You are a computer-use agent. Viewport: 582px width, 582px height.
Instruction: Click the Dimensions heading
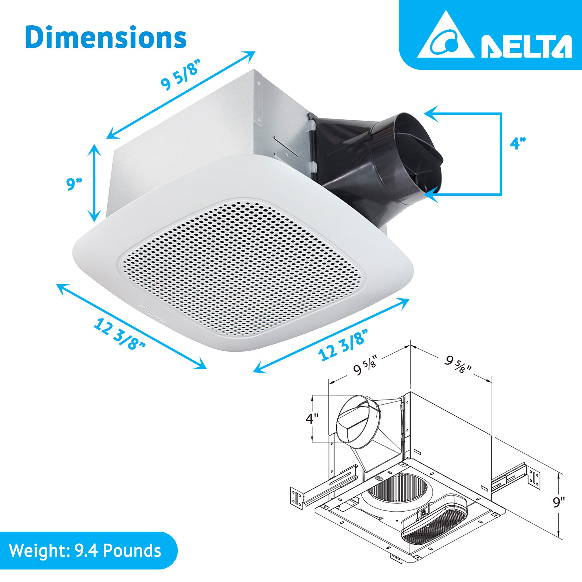(x=105, y=38)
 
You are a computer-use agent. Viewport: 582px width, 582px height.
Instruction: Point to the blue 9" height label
(x=74, y=184)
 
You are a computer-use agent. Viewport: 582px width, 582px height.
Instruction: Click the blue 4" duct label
(x=518, y=143)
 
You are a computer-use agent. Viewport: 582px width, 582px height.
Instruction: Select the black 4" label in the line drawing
(x=312, y=419)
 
